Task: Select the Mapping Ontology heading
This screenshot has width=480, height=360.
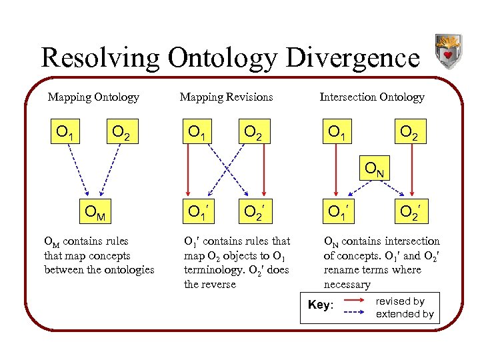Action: point(93,97)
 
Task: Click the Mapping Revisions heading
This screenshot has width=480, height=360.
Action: point(226,97)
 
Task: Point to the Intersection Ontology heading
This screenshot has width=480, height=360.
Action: point(372,97)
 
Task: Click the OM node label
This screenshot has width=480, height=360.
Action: point(94,213)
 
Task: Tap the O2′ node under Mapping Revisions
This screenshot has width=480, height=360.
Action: point(254,213)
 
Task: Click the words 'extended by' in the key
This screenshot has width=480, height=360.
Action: point(405,313)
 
